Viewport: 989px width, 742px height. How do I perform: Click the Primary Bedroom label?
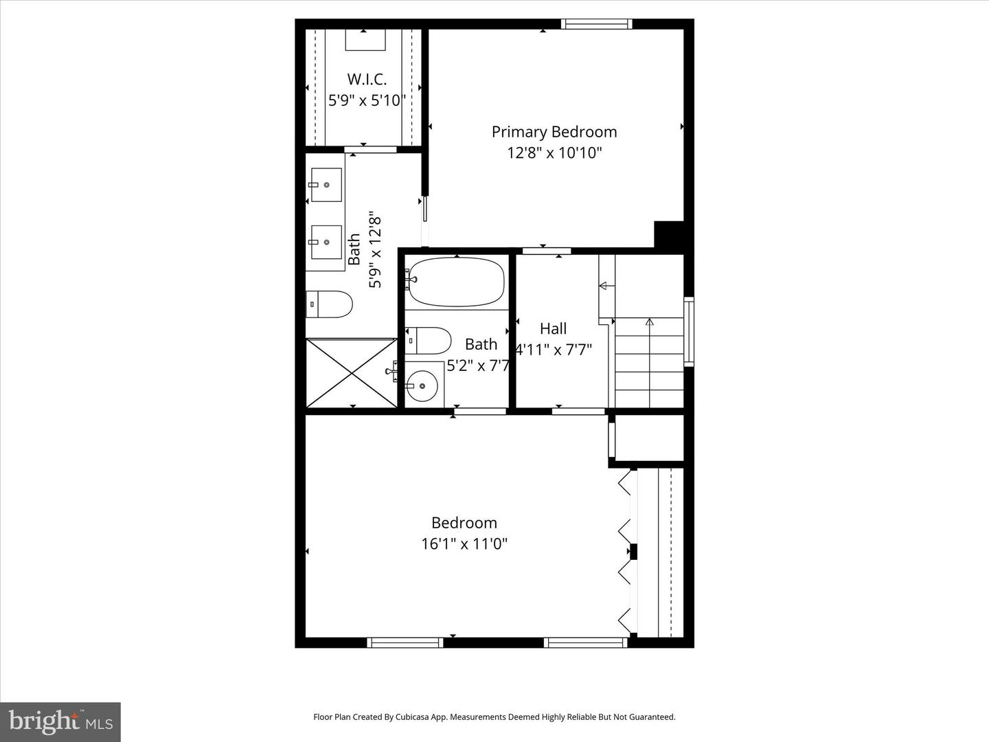tap(554, 132)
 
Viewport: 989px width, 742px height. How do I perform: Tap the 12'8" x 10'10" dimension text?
tap(554, 153)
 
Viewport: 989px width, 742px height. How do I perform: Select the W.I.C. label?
tap(367, 79)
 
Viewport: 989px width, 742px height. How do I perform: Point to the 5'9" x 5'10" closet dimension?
tap(367, 100)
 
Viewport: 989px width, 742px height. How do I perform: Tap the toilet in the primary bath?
tap(330, 304)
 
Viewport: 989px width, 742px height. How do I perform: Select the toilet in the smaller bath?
tap(429, 340)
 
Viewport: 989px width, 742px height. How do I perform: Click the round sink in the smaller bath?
tap(422, 385)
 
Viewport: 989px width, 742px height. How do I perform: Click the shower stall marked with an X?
tap(352, 372)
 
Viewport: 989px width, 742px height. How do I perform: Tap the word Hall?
tap(553, 328)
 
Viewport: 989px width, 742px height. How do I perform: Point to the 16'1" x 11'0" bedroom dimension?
tap(464, 544)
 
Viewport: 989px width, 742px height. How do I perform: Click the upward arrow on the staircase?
tap(649, 322)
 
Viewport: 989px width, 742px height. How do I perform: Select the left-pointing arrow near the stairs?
tap(604, 285)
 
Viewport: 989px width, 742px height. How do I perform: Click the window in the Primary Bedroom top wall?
tap(596, 24)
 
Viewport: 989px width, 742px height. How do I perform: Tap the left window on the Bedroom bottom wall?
tap(405, 643)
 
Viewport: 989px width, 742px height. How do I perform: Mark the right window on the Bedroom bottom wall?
tap(586, 643)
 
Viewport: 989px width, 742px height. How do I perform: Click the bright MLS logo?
tap(60, 721)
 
